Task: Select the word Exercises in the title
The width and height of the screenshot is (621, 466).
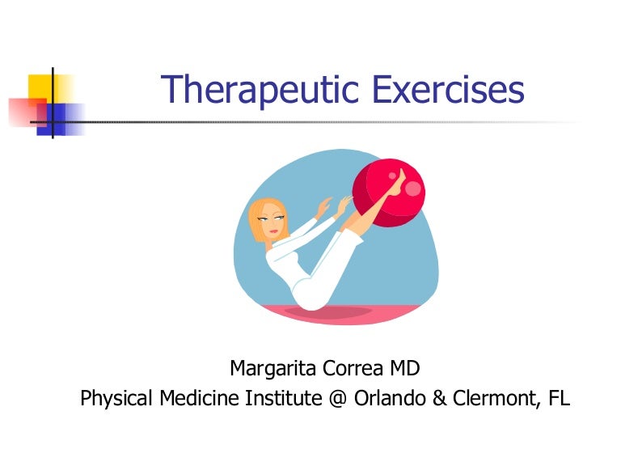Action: [448, 89]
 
